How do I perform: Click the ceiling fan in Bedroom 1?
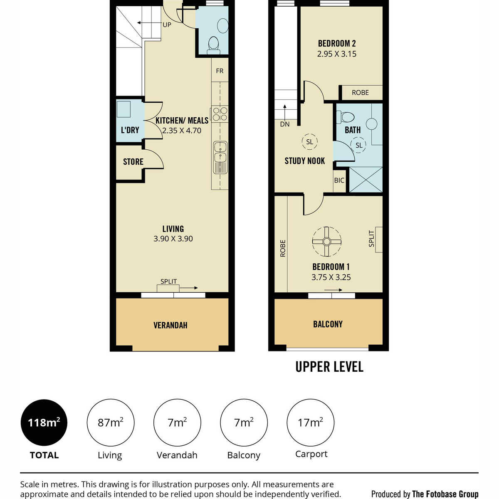326,242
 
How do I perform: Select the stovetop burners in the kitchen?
220,114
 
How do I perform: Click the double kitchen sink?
220,158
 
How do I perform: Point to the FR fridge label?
220,71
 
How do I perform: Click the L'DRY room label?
130,130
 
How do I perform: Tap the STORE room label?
133,162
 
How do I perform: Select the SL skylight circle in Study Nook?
309,142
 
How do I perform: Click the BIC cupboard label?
339,180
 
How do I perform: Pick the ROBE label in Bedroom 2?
360,92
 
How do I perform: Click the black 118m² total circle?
44,422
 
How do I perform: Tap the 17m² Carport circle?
311,422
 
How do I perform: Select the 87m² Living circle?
111,422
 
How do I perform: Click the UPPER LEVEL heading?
329,367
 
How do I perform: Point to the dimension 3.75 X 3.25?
331,277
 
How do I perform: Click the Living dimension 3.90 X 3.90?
173,239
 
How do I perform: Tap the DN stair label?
285,124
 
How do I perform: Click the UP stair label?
167,25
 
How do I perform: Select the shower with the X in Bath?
366,180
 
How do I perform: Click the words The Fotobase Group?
445,494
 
